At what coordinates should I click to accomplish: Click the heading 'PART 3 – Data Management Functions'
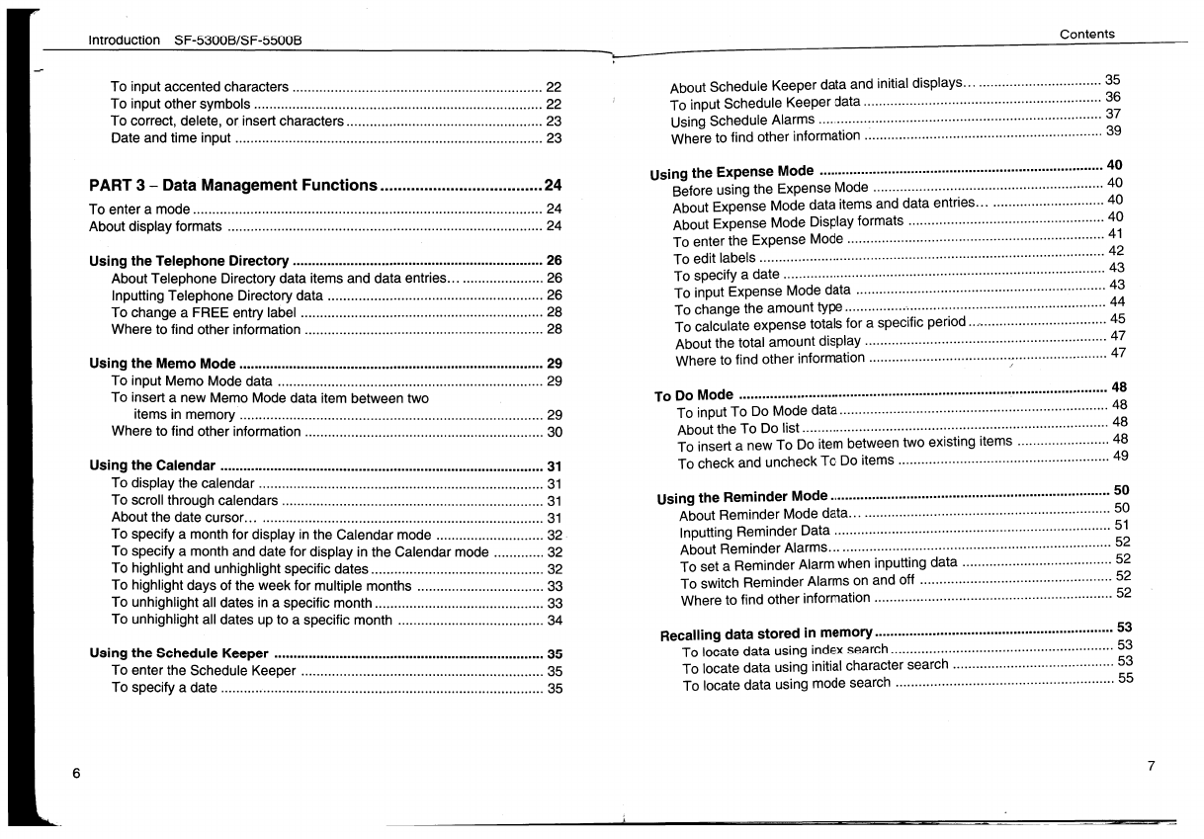click(x=233, y=185)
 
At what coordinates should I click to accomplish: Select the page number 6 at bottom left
click(x=75, y=774)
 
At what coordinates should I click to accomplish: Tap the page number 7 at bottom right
click(x=1151, y=766)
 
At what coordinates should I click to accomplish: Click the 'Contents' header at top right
click(x=1086, y=34)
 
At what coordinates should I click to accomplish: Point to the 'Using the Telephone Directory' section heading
click(x=189, y=262)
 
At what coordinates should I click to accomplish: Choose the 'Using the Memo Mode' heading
click(x=162, y=364)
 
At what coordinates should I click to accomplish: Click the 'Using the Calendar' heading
click(x=152, y=465)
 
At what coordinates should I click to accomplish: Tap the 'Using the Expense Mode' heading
click(x=732, y=172)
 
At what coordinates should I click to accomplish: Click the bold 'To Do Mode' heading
click(x=695, y=395)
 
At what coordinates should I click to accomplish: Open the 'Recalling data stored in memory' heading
click(x=767, y=633)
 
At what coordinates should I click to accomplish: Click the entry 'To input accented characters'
click(x=200, y=87)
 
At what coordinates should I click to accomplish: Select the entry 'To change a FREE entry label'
click(x=204, y=312)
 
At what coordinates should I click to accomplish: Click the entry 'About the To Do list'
click(x=738, y=430)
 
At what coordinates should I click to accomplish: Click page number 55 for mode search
click(x=1125, y=679)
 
